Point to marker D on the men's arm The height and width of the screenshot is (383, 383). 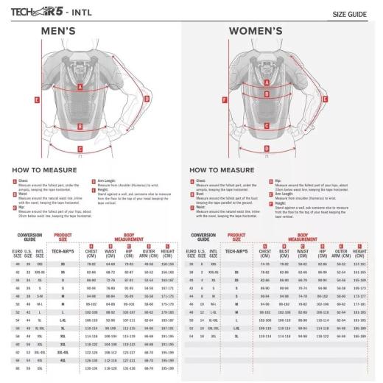147,97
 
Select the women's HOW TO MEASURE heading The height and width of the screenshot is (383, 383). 227,169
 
